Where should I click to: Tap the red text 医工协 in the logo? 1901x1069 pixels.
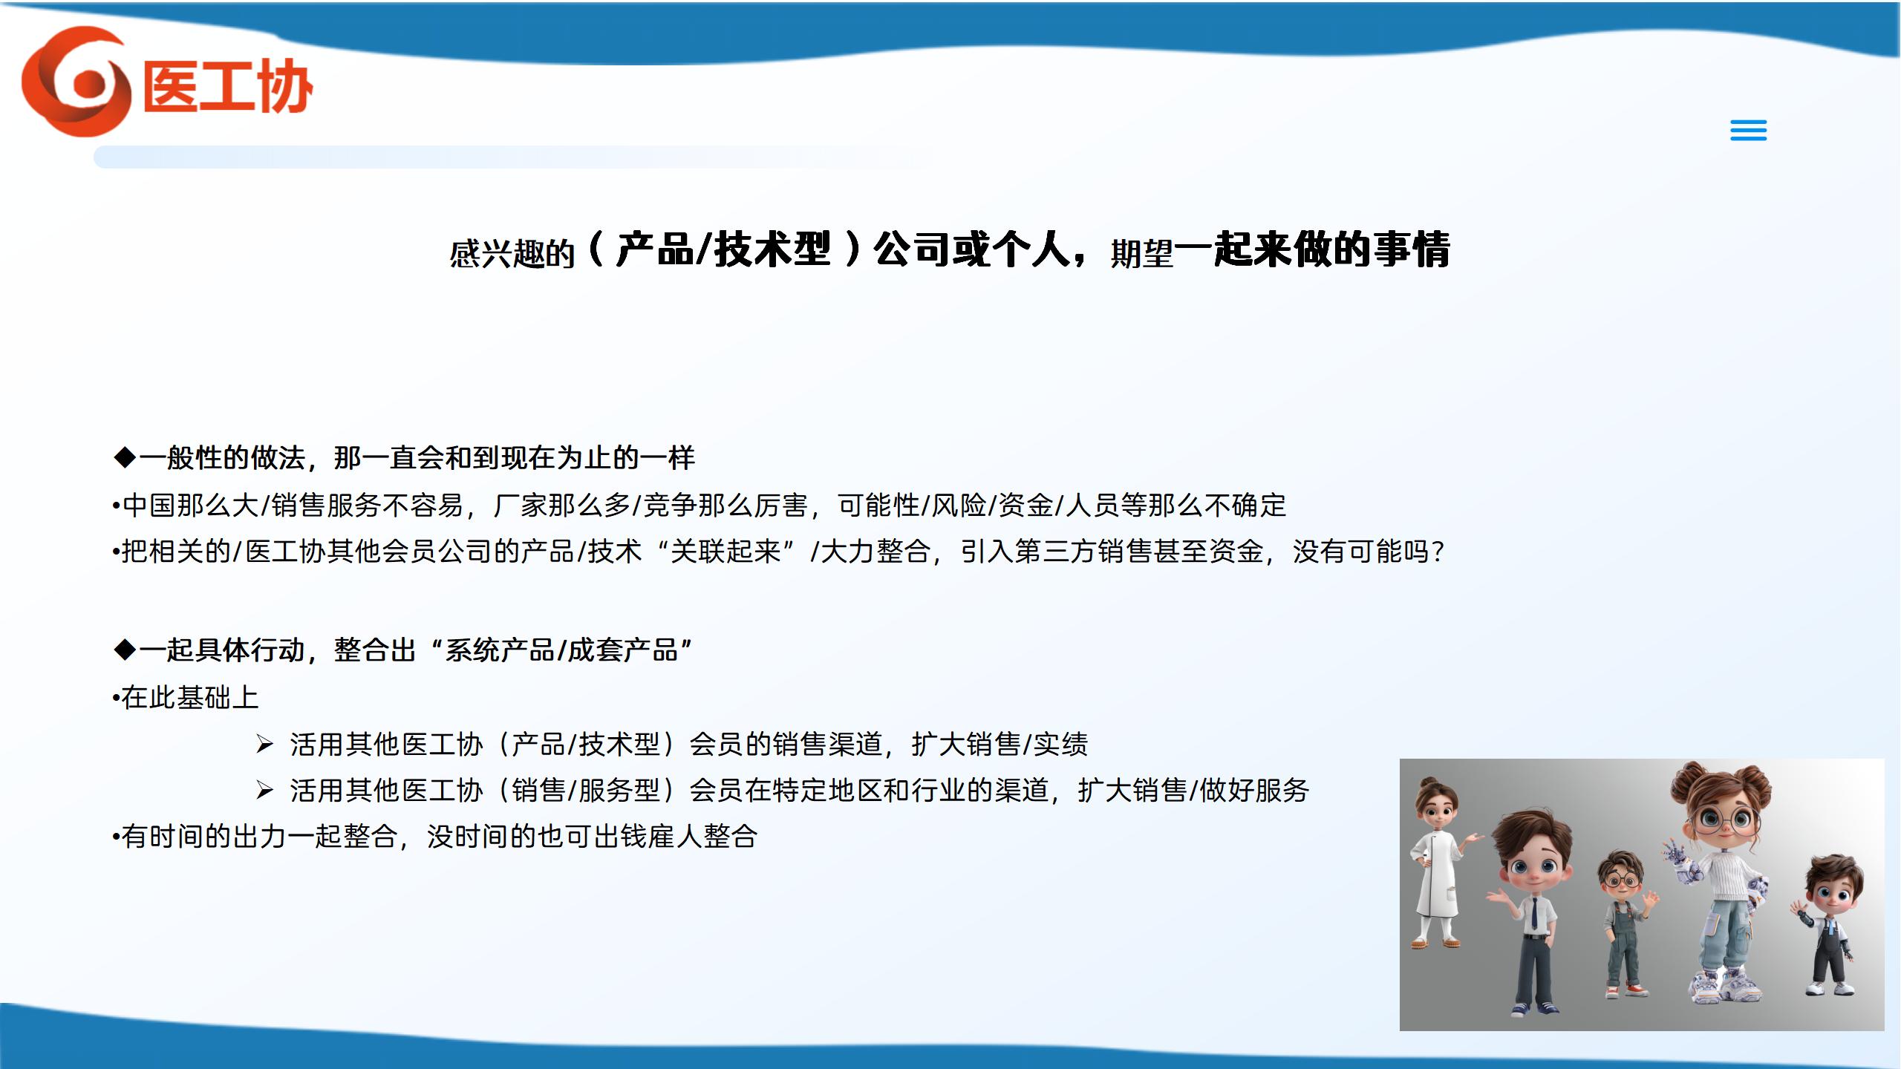click(228, 86)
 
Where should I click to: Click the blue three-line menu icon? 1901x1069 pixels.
click(1748, 130)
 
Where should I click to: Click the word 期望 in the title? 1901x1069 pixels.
click(1141, 254)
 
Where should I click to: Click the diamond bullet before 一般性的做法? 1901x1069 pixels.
click(125, 457)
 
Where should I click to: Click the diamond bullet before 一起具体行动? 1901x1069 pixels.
click(125, 650)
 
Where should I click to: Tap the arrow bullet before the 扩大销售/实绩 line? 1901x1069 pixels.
click(264, 744)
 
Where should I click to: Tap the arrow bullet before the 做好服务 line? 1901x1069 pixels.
click(264, 790)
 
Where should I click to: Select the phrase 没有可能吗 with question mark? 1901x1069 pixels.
click(1369, 551)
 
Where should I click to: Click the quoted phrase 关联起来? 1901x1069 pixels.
click(726, 551)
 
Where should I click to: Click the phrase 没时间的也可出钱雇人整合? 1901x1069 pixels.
click(592, 836)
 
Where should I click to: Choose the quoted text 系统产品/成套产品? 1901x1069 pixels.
click(561, 650)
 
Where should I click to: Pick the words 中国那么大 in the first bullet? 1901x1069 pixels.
click(190, 505)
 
